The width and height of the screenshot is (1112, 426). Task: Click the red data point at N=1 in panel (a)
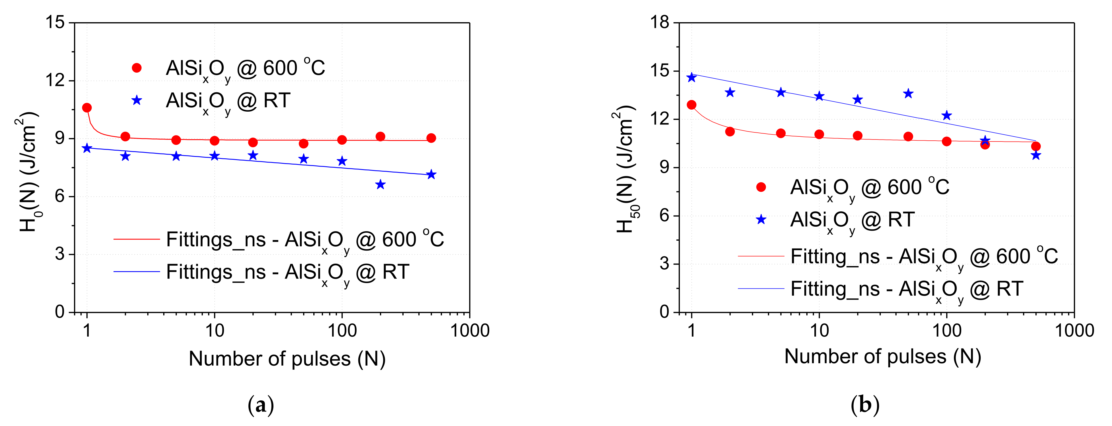(87, 107)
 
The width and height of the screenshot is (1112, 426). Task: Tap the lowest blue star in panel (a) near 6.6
(380, 185)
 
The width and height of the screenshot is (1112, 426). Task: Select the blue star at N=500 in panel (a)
(431, 174)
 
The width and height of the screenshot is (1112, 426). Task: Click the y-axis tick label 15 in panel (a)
(55, 22)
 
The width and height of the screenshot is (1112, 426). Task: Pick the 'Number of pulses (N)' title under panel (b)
(883, 357)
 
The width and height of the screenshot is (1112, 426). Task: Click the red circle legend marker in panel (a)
(136, 68)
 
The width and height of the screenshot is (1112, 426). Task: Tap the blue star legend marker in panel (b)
(761, 220)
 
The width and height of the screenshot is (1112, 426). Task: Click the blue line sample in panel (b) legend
(761, 288)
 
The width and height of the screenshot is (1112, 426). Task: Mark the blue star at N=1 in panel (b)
(692, 77)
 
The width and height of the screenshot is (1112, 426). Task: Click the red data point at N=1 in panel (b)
(692, 105)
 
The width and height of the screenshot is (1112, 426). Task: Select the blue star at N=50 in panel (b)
(908, 94)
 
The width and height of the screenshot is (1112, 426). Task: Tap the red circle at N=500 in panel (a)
(431, 138)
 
